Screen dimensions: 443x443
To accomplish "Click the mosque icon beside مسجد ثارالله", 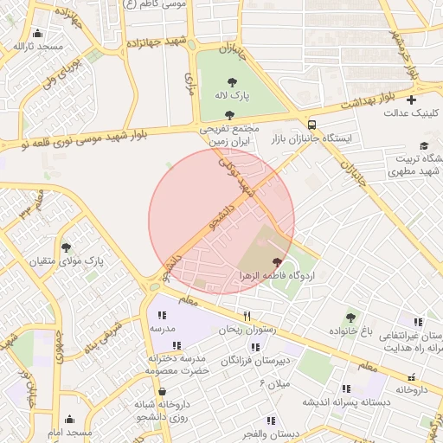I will [17, 46].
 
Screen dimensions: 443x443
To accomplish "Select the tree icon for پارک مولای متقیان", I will [66, 247].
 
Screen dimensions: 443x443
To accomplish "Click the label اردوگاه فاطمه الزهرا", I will [278, 275].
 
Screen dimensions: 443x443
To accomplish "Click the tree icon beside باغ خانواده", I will [350, 318].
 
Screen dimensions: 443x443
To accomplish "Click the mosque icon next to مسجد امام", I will [69, 420].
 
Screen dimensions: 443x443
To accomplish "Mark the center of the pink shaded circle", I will [221, 221].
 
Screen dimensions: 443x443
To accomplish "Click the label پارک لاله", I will [233, 94].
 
